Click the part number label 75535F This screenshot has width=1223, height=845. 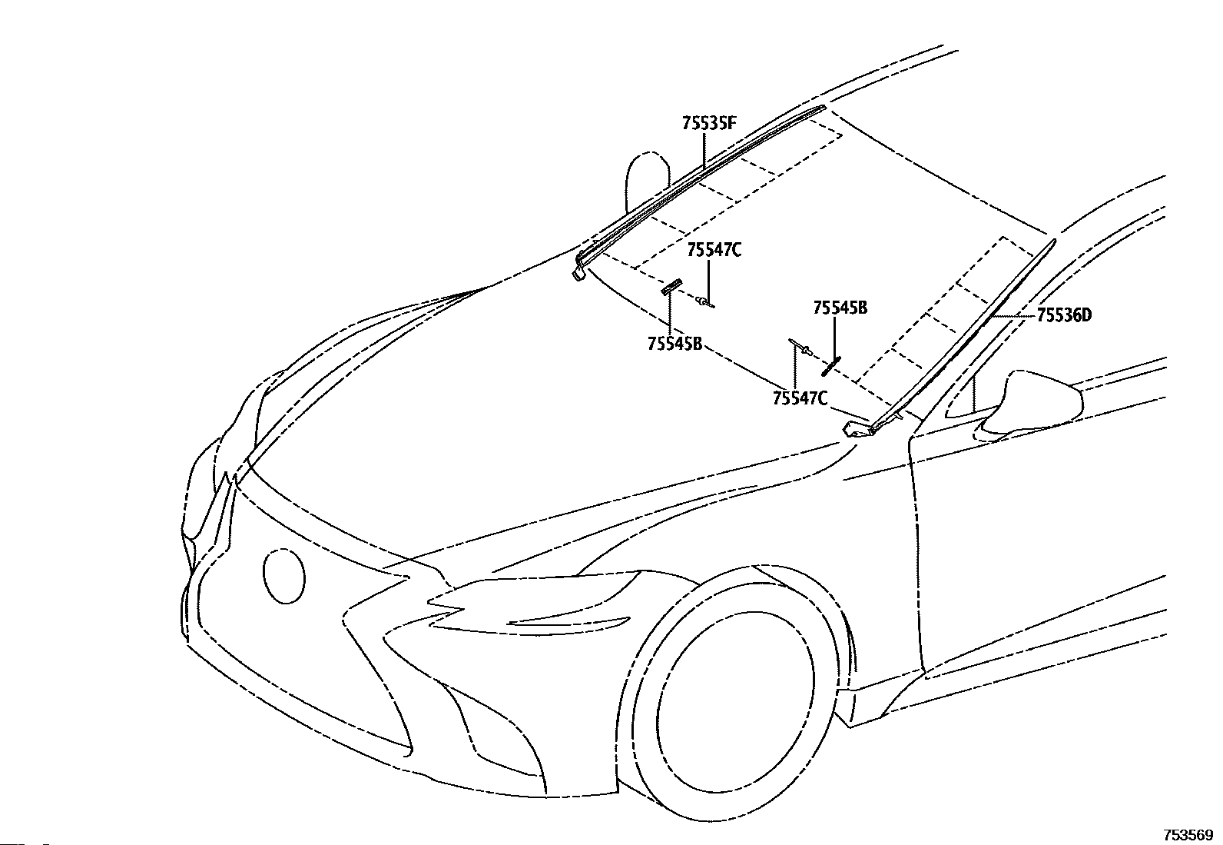click(x=708, y=123)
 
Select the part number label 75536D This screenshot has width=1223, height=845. click(x=1064, y=314)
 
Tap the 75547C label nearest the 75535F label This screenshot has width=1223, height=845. click(x=714, y=250)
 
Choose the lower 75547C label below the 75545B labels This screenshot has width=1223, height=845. click(x=800, y=398)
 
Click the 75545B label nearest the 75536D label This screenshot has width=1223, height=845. click(x=840, y=308)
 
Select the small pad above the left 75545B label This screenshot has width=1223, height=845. click(x=671, y=287)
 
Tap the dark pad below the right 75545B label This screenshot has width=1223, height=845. click(x=831, y=366)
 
